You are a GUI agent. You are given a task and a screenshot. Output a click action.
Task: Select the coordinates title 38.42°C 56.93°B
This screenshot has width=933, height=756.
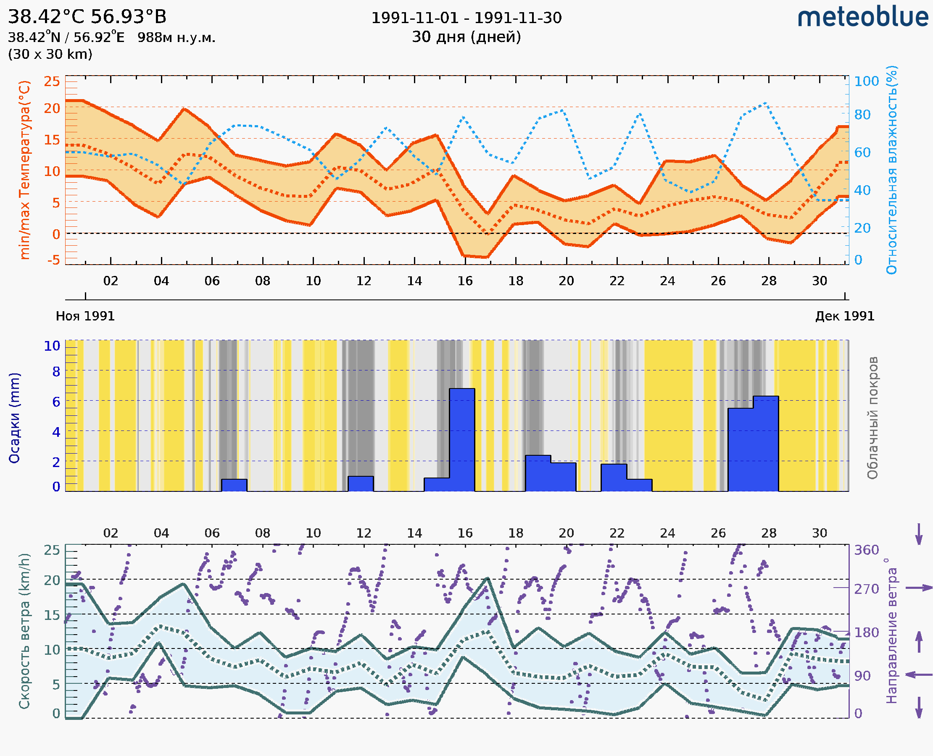pos(87,17)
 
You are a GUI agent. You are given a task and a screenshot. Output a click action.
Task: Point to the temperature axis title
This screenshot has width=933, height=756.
pos(25,170)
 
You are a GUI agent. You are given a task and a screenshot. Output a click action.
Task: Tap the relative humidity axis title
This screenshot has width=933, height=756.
pos(891,170)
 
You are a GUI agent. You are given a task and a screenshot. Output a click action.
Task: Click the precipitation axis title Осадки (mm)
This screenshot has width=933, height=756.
pos(14,418)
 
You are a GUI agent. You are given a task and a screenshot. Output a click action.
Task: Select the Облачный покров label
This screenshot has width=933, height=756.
pos(872,418)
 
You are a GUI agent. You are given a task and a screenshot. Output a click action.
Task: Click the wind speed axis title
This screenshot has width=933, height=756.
pos(24,631)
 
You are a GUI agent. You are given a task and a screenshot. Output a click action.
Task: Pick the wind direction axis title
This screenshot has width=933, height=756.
pos(891,631)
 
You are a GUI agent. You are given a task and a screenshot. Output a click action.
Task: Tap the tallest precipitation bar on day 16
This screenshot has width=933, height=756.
pos(462,440)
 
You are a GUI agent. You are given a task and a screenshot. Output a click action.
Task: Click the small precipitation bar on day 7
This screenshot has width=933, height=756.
pos(234,485)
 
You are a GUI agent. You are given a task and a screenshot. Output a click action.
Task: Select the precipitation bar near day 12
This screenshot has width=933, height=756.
pos(361,484)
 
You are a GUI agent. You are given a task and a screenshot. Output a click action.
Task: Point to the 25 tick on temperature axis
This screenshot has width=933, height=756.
pos(52,81)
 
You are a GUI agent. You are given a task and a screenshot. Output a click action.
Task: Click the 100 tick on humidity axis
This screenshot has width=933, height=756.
pos(866,81)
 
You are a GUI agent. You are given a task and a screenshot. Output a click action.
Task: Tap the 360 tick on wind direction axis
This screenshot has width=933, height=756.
pos(866,550)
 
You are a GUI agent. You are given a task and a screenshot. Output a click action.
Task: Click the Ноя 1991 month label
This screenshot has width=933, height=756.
pos(85,316)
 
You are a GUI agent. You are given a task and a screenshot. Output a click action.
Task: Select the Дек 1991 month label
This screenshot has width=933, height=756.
pos(845,316)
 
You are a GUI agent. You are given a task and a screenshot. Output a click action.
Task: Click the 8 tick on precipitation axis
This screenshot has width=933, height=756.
pos(56,371)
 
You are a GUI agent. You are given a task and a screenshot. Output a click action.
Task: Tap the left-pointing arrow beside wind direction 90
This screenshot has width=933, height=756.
pos(919,675)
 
